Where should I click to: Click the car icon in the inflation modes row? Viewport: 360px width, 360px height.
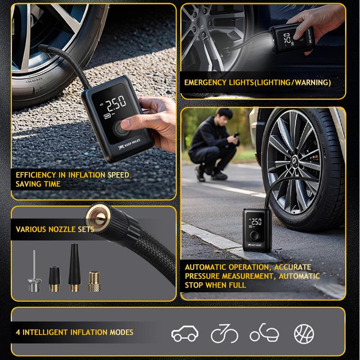point(185,333)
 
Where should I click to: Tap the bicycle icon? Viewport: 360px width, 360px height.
point(224,333)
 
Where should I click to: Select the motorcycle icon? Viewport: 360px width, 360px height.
point(264,333)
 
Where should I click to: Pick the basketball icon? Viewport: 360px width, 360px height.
point(304,333)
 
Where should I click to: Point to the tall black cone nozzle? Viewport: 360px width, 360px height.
point(75,267)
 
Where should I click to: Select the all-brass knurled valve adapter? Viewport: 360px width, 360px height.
point(94,282)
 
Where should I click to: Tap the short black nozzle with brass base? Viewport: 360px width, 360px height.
point(54,279)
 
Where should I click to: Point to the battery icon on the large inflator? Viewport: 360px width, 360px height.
point(107,116)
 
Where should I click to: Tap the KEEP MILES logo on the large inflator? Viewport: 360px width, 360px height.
point(130,144)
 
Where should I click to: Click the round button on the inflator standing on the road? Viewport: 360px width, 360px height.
point(254,235)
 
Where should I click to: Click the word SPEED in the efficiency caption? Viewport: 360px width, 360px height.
point(118,175)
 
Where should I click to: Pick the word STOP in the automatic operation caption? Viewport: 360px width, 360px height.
point(194,285)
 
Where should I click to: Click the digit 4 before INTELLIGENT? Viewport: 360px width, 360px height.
point(18,332)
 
